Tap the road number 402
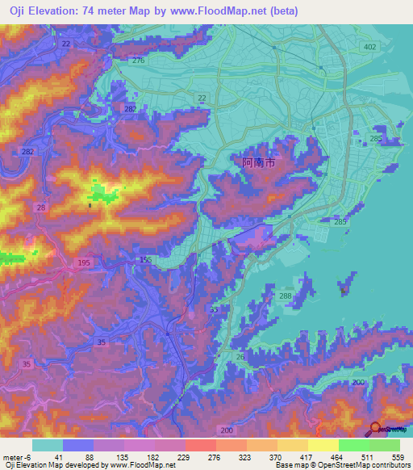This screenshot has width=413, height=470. click(370, 48)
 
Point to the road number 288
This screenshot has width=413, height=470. click(285, 297)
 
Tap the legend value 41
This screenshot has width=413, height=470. click(60, 456)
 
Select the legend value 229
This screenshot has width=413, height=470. click(186, 456)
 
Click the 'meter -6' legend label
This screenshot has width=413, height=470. click(17, 456)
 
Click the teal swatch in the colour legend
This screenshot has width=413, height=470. click(47, 445)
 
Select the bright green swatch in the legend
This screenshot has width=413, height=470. click(353, 445)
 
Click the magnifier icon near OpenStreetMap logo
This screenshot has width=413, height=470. click(375, 428)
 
